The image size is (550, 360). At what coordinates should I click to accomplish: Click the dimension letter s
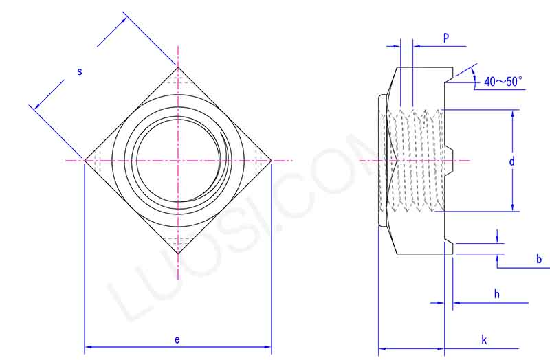click(x=79, y=71)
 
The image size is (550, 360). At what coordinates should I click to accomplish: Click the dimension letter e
click(x=177, y=339)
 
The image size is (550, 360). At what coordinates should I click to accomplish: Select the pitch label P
click(x=445, y=38)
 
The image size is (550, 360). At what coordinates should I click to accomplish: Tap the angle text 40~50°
click(x=503, y=81)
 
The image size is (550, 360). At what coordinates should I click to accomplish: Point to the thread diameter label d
click(x=511, y=161)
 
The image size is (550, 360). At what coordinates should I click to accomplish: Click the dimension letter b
click(x=539, y=259)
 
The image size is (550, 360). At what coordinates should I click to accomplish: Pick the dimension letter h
click(x=496, y=293)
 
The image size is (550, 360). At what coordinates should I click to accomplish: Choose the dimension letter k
click(x=484, y=339)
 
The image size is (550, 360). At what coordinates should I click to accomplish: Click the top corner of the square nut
click(x=178, y=67)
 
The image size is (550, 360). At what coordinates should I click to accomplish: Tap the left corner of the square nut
click(x=85, y=161)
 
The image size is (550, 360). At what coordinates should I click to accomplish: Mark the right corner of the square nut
click(x=272, y=161)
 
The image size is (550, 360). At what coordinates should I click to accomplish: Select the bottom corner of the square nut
click(x=178, y=254)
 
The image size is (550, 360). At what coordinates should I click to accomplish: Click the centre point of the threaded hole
click(x=178, y=161)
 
